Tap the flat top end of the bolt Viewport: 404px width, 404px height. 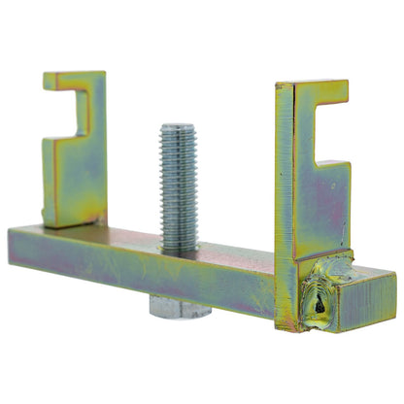pyautogui.click(x=178, y=128)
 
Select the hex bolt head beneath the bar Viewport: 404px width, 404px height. pyautogui.click(x=180, y=309)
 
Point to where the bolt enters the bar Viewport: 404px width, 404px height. pyautogui.click(x=179, y=250)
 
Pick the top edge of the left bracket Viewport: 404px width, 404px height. pyautogui.click(x=74, y=75)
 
